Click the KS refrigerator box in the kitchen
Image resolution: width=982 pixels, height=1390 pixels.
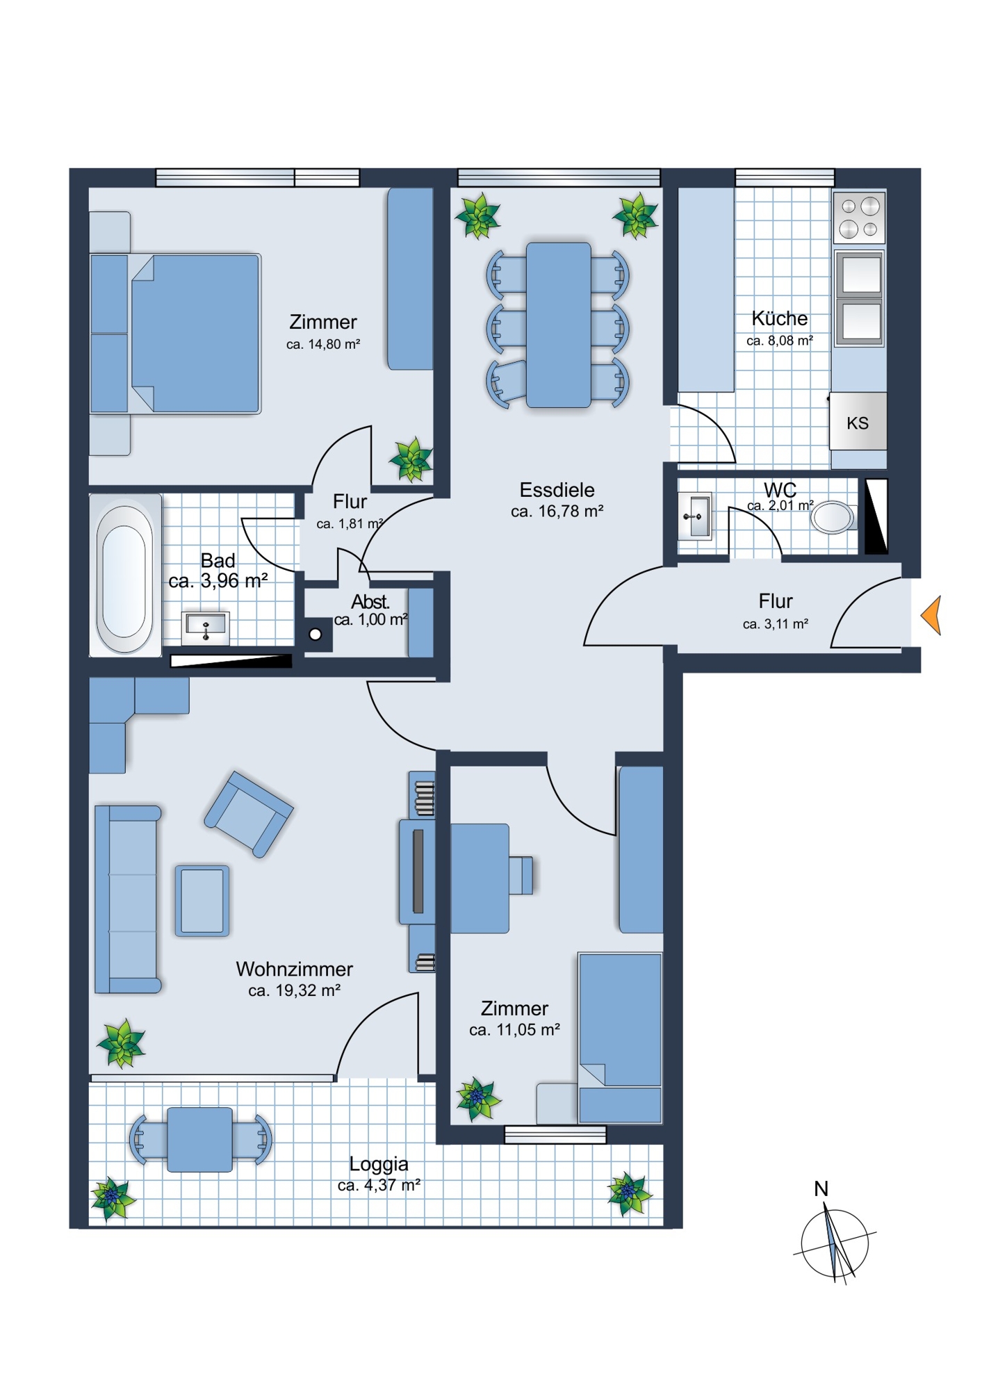858,421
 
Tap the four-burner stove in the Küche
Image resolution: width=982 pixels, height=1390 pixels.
859,216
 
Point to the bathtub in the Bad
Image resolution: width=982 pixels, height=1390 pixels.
125,575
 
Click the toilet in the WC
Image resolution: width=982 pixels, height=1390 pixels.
833,517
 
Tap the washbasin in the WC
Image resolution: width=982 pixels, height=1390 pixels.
695,516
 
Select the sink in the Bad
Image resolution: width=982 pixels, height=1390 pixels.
206,628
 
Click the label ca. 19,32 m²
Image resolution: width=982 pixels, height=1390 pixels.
294,991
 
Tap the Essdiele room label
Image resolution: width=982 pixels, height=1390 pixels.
557,490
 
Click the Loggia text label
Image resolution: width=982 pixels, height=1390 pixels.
379,1163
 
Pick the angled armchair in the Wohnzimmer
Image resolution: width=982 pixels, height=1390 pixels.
249,814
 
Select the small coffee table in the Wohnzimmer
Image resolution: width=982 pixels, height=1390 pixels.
202,901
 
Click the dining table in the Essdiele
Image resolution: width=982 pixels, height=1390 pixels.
559,325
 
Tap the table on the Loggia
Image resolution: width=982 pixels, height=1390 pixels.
200,1139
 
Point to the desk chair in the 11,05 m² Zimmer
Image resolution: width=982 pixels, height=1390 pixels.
521,875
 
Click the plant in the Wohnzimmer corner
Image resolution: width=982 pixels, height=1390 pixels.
122,1043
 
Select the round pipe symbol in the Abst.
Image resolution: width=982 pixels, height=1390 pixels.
316,634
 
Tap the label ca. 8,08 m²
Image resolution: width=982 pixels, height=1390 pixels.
780,341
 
